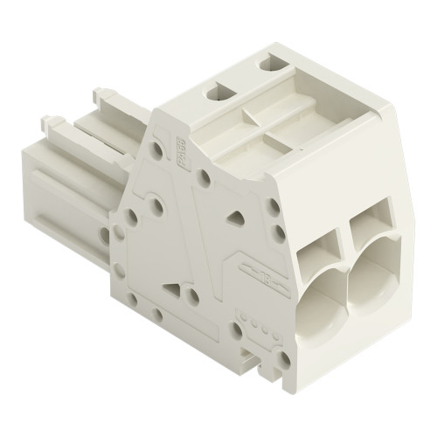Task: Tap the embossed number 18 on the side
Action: (x=265, y=279)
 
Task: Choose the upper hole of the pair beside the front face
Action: (x=274, y=207)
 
